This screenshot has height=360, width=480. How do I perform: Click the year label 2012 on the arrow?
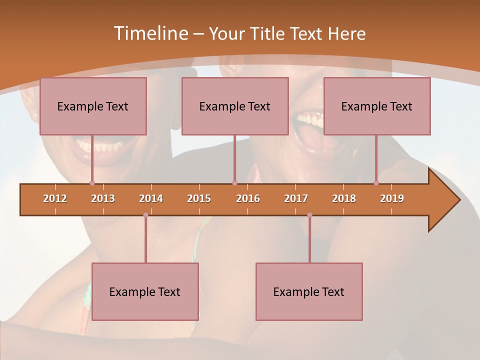55,198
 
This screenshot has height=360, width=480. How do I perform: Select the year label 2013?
103,198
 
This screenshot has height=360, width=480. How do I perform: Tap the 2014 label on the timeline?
151,198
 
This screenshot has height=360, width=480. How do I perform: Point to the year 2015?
199,198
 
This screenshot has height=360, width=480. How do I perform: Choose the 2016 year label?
248,198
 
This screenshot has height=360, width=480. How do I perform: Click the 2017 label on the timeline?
296,198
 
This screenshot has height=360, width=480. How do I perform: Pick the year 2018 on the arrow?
344,198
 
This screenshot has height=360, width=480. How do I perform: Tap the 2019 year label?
392,198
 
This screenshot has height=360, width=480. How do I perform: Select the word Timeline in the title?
150,33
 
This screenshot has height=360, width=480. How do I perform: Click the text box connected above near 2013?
93,106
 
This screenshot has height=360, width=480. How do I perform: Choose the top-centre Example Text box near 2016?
235,106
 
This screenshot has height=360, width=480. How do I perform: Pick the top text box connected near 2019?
377,106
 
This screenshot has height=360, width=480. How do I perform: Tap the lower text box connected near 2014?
145,291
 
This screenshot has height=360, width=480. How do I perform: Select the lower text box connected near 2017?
309,291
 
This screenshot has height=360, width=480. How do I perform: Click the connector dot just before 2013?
92,183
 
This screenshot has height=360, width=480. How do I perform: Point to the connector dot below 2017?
309,215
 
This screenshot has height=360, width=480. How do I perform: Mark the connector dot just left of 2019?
376,183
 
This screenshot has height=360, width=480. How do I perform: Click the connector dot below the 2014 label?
145,215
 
